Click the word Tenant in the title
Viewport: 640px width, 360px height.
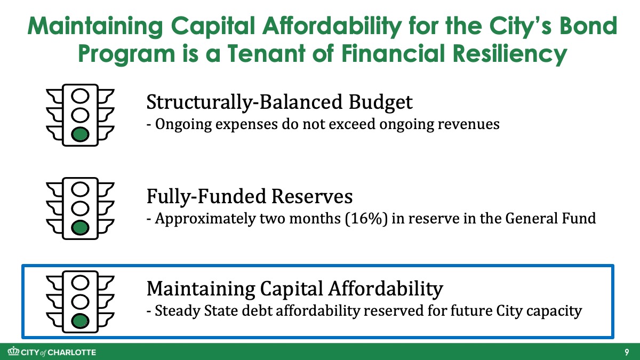pos(266,53)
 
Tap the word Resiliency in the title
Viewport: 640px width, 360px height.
pos(511,54)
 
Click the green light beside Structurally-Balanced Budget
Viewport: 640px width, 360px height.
pos(81,134)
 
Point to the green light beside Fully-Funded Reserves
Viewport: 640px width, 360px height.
pos(81,228)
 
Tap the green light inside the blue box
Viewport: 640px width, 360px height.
pos(81,321)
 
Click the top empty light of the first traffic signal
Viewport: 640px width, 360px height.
pos(81,95)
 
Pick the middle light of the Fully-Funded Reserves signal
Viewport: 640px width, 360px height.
pos(81,209)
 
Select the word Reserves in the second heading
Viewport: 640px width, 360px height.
pos(312,196)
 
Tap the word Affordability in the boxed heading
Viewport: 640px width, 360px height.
pos(386,289)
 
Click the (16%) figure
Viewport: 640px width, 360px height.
pos(366,219)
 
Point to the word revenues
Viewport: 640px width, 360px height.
pos(468,125)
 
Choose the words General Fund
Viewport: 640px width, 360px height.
pos(550,218)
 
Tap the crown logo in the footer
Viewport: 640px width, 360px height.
pos(13,351)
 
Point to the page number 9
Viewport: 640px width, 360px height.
pos(627,352)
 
